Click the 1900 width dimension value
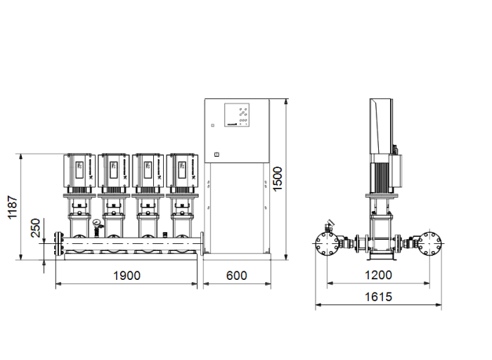coord(127,276)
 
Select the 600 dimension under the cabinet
coord(237,276)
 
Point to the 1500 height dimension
coord(278,179)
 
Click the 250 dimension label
coord(36,229)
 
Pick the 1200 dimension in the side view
coord(379,276)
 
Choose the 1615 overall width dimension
coord(379,297)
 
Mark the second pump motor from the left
coord(113,169)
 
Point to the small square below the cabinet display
coord(216,155)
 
